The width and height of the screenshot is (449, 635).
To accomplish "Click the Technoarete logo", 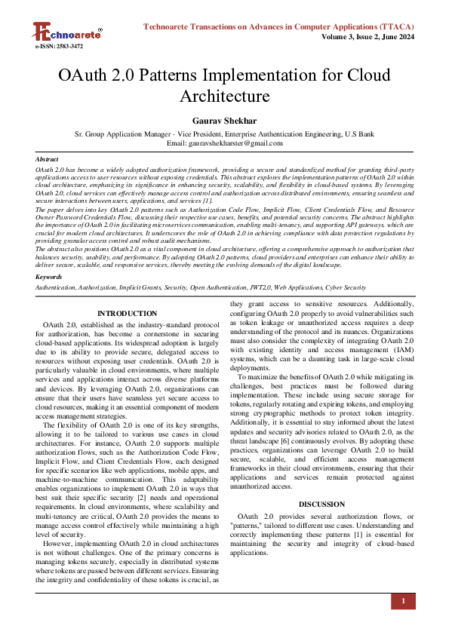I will pyautogui.click(x=67, y=32).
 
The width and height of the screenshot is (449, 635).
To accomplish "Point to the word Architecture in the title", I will pyautogui.click(x=224, y=96).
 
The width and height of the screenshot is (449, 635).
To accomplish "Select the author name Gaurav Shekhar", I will pyautogui.click(x=224, y=121).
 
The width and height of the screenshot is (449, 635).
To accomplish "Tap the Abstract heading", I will pyautogui.click(x=48, y=160).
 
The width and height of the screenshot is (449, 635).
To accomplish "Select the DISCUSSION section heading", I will pyautogui.click(x=322, y=504).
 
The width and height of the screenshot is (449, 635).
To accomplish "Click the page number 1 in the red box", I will pyautogui.click(x=403, y=601).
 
